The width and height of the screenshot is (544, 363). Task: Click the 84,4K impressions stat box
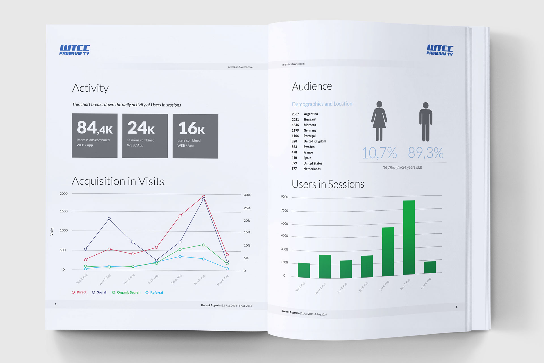(x=95, y=136)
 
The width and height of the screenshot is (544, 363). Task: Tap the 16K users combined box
(x=195, y=136)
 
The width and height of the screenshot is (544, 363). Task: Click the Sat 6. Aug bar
(x=388, y=252)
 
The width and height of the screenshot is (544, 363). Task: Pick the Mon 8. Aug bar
(x=430, y=267)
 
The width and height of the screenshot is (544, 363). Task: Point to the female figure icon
(x=379, y=121)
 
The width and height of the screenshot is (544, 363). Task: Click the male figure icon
(x=426, y=122)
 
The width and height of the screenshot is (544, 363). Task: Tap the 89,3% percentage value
(x=426, y=153)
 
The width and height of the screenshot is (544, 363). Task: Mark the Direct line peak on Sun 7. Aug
(x=204, y=196)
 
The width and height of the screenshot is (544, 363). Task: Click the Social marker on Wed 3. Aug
(x=109, y=218)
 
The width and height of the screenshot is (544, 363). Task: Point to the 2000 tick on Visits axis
(x=64, y=194)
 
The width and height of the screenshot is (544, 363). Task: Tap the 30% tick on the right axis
(x=247, y=195)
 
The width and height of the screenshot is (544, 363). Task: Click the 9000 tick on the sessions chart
(x=284, y=197)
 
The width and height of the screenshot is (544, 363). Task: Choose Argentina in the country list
(x=311, y=114)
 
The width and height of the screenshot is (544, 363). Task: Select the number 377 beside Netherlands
(x=294, y=169)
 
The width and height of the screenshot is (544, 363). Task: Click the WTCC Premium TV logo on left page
(x=75, y=50)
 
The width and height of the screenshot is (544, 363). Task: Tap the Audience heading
(x=312, y=86)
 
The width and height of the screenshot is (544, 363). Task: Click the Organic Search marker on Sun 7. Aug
(x=204, y=245)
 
